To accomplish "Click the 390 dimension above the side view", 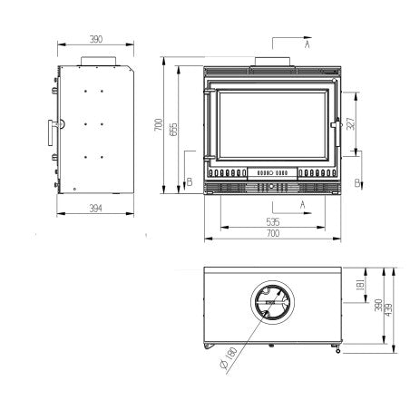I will click(96, 39).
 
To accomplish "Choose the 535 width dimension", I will click(272, 220).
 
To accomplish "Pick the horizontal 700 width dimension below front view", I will click(272, 234).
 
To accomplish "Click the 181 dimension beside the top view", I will click(361, 288).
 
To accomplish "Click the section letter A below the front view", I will click(300, 204).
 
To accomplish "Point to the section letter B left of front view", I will click(189, 182).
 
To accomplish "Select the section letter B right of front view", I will click(358, 182).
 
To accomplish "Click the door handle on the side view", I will click(44, 132).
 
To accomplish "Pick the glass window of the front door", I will click(272, 122).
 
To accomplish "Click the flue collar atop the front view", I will click(272, 62).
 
